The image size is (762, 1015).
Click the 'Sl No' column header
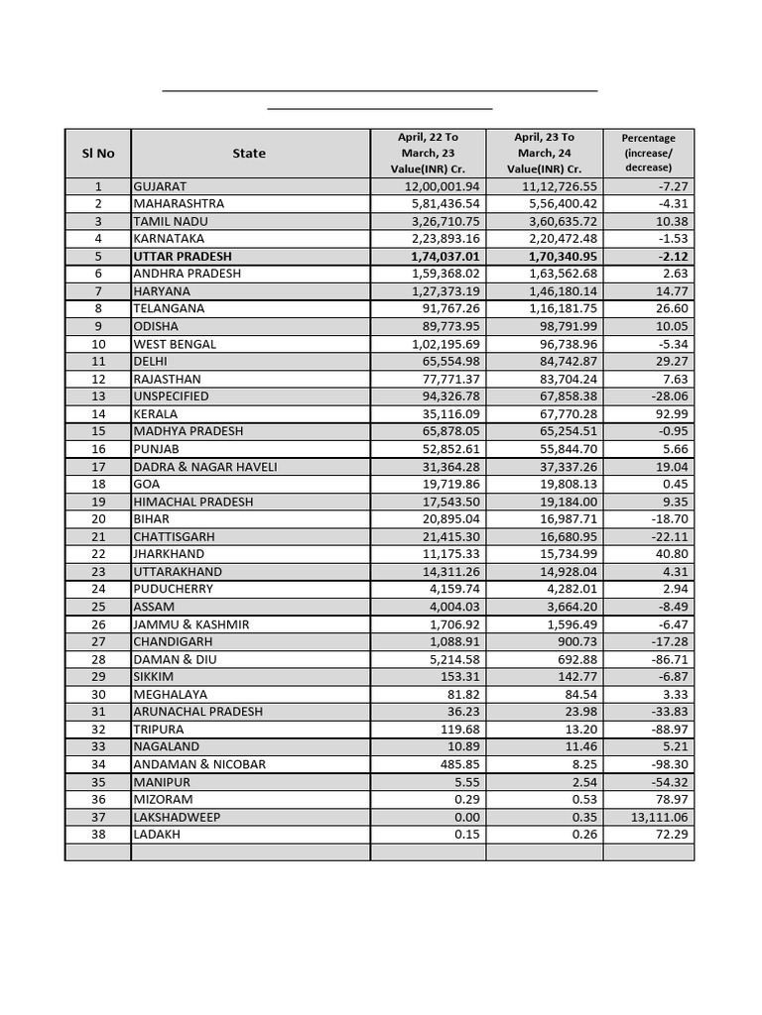[x=97, y=154]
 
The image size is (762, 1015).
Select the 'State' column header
[x=249, y=154]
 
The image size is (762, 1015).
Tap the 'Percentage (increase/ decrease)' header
[x=648, y=154]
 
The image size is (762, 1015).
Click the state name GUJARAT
[x=160, y=186]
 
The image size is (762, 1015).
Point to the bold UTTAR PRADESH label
[x=183, y=257]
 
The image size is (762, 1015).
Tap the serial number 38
[x=97, y=835]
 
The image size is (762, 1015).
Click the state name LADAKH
[x=157, y=835]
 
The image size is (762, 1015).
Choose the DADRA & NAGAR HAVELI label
[x=205, y=467]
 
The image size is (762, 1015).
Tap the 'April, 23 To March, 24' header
[x=544, y=154]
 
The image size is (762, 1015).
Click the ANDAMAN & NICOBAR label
[x=199, y=764]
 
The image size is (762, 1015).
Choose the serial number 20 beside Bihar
[x=97, y=519]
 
